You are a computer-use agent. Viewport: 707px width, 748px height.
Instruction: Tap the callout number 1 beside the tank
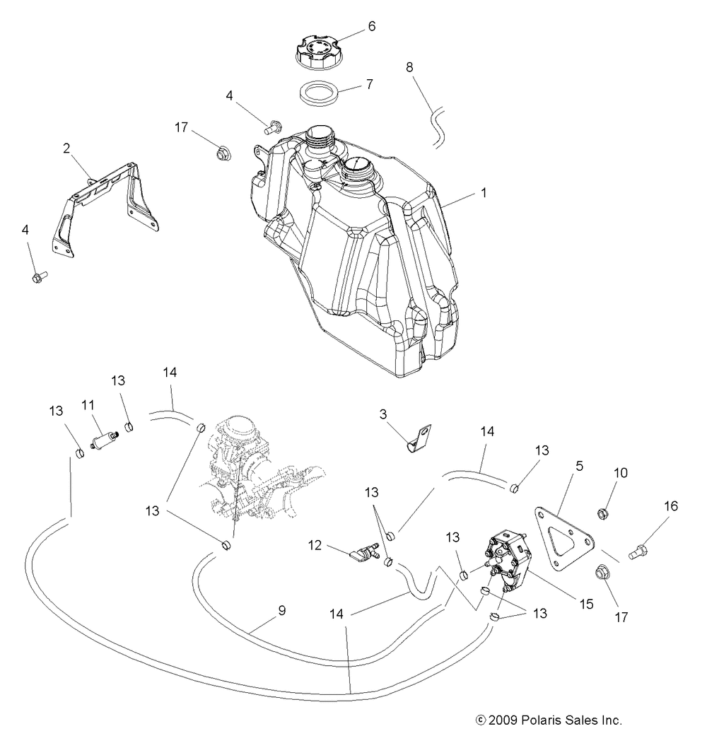[x=484, y=193]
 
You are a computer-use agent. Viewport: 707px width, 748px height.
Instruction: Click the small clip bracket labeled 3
[x=420, y=438]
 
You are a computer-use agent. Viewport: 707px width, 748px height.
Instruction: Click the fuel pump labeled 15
[x=510, y=561]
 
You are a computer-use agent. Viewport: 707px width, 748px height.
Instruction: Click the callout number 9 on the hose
[x=282, y=611]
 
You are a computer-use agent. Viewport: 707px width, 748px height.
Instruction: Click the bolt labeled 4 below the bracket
[x=39, y=276]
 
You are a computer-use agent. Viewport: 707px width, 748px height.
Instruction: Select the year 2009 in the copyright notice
[x=503, y=720]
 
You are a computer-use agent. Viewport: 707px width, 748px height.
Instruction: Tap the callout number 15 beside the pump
[x=586, y=604]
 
